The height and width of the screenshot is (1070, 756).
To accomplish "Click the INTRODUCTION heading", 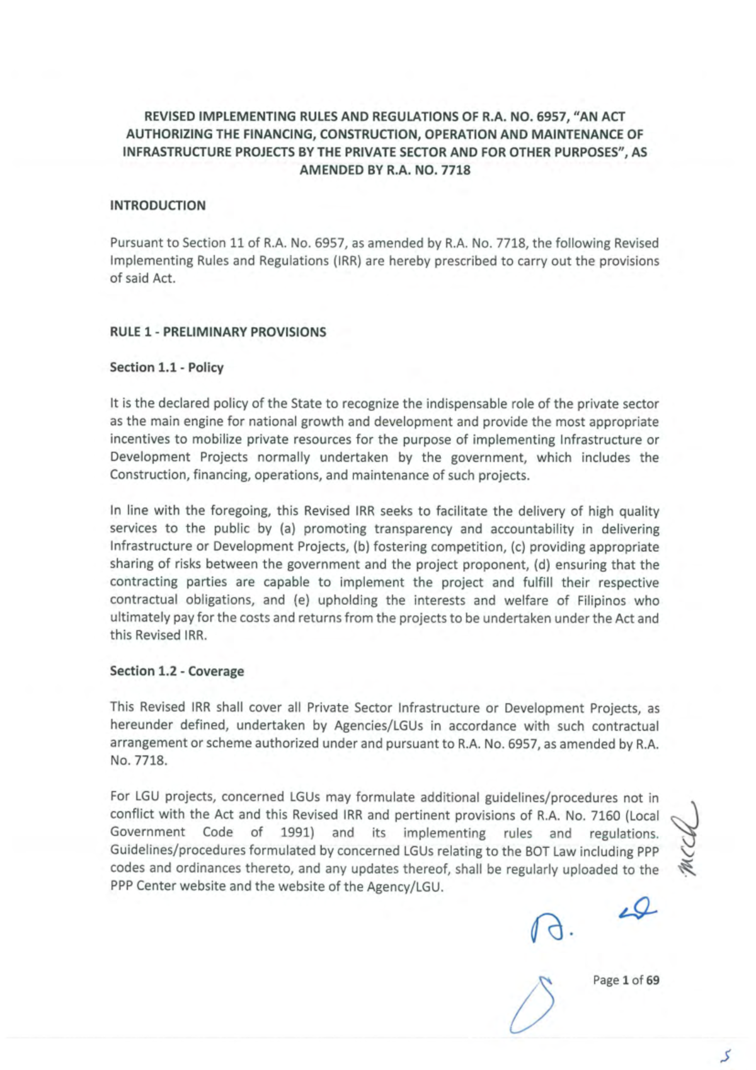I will click(157, 205).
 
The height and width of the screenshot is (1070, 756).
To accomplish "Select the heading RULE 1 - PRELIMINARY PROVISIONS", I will click(218, 332).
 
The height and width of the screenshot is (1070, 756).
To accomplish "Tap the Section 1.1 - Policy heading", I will click(166, 367).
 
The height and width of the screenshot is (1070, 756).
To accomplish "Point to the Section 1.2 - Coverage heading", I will click(176, 671).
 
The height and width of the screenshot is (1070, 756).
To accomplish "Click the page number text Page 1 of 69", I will click(626, 980).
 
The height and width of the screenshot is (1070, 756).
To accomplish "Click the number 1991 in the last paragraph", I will click(297, 833).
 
